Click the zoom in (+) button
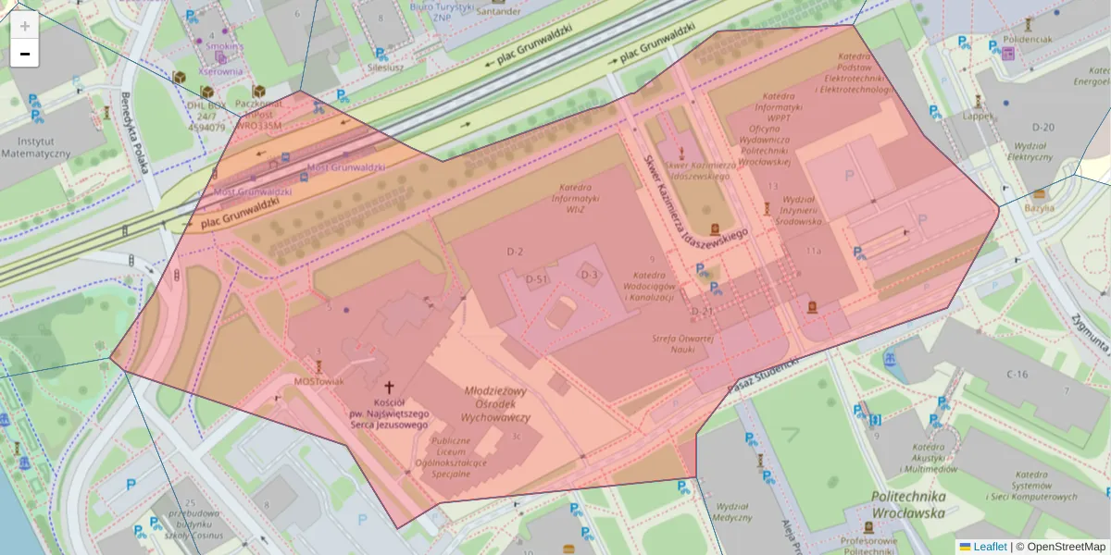coord(25,26)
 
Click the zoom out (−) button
coord(25,54)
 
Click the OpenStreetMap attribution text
coord(1066,547)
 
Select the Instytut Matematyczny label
coord(36,146)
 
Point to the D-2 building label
coord(515,252)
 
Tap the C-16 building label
coord(1017,374)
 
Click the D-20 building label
coord(1042,127)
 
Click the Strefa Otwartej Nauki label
coord(681,343)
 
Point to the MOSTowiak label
coord(318,381)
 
